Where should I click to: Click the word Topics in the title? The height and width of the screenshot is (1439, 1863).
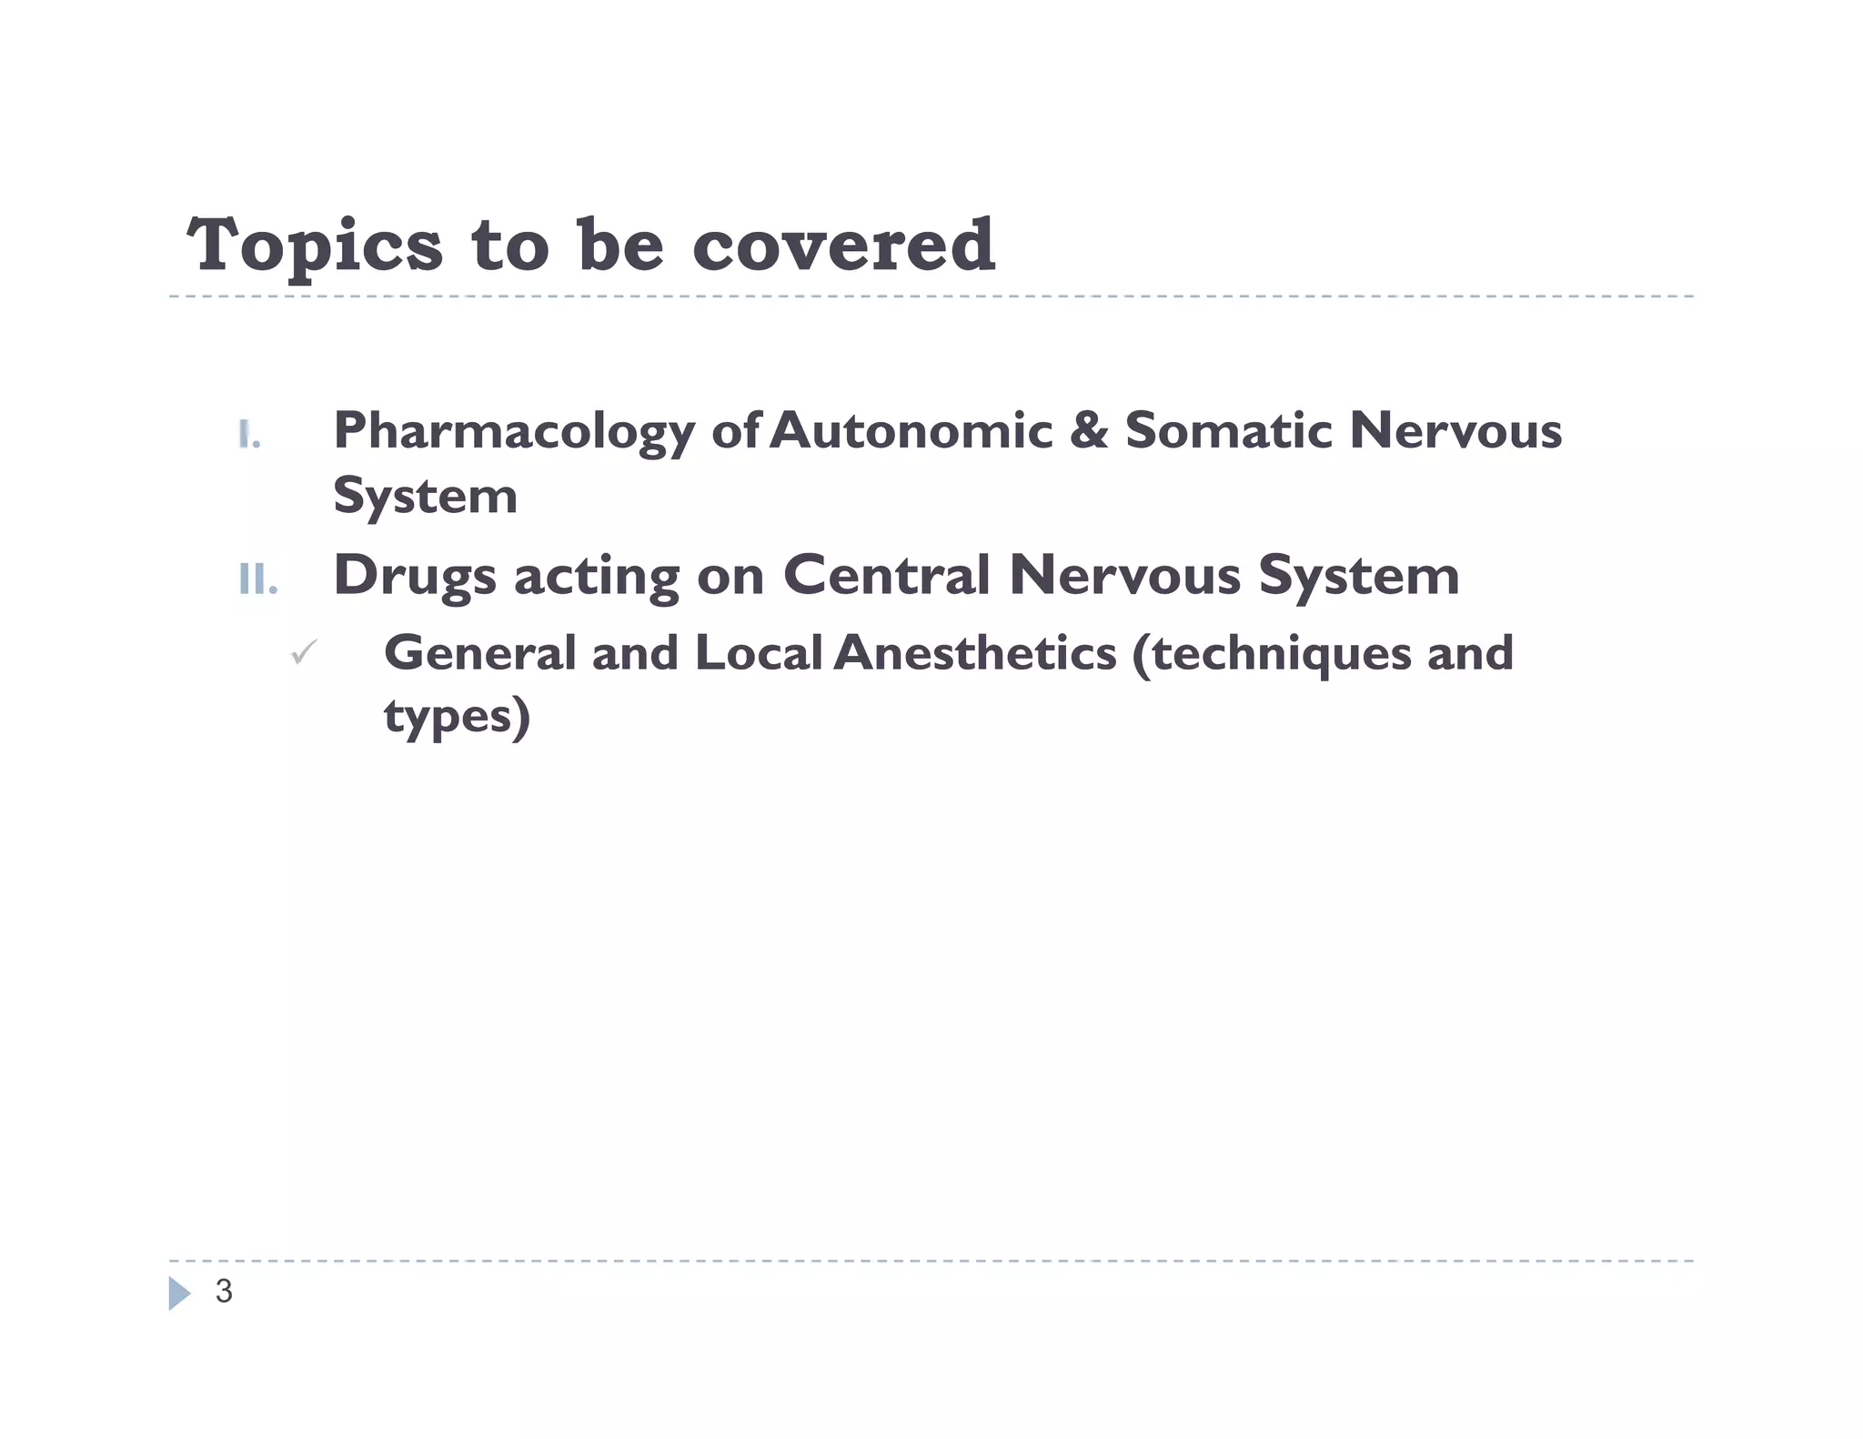tap(315, 246)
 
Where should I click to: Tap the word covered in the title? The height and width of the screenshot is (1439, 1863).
tap(843, 246)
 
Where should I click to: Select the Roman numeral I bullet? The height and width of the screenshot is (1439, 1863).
tap(248, 434)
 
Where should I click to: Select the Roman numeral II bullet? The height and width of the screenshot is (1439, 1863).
tap(257, 579)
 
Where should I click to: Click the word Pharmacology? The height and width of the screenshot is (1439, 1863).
tap(514, 432)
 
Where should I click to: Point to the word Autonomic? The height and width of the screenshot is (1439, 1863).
tap(911, 430)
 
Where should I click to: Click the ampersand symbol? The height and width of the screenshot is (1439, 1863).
tap(1089, 430)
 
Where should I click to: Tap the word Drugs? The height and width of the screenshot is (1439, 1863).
tap(415, 577)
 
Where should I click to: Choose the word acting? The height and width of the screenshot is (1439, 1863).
tap(596, 577)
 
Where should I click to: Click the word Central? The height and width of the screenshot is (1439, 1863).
tap(886, 575)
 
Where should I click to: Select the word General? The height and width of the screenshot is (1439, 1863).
tap(480, 653)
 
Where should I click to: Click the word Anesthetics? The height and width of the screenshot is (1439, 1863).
tap(975, 653)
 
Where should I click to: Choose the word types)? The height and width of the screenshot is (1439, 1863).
tap(457, 716)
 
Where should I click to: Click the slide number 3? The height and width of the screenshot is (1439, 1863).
tap(224, 1292)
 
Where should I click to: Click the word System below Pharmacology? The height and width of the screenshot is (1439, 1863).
tap(425, 497)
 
